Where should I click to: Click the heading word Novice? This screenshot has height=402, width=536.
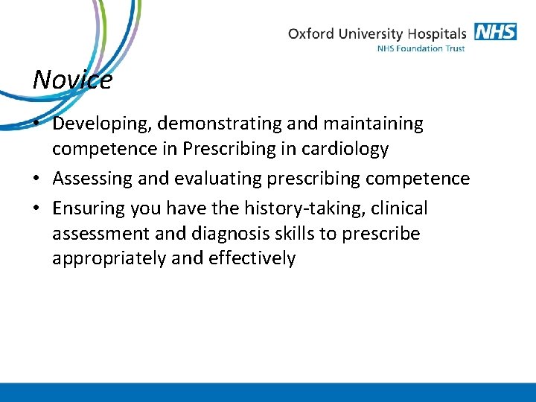tap(72, 79)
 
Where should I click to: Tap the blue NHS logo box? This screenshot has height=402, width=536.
tap(495, 32)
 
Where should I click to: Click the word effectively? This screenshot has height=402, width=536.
tap(253, 258)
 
